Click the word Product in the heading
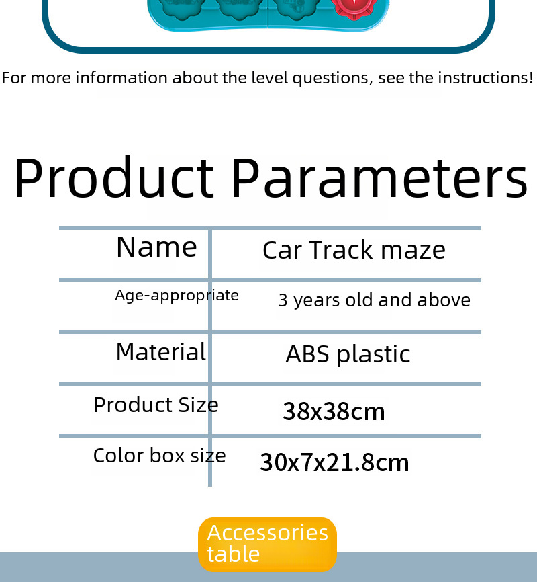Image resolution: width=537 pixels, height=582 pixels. tap(114, 177)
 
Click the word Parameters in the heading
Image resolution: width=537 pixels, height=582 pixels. tap(380, 177)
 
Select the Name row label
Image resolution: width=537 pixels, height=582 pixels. tap(156, 247)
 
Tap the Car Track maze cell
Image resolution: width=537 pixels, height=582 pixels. tap(354, 250)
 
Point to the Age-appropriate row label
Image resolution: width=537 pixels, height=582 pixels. tap(177, 296)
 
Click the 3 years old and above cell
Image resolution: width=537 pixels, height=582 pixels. tap(374, 300)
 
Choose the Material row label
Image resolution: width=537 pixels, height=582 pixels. tap(161, 352)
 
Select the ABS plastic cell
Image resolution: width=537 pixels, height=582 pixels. tap(348, 354)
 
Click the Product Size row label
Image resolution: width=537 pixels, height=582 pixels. tap(156, 405)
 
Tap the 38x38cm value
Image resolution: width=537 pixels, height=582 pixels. tap(334, 411)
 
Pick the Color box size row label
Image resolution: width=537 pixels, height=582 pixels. tap(160, 456)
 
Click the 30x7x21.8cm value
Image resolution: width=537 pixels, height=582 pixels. tap(334, 462)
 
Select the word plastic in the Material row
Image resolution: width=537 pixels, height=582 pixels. tap(373, 354)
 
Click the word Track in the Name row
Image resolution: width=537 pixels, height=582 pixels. tap(341, 250)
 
